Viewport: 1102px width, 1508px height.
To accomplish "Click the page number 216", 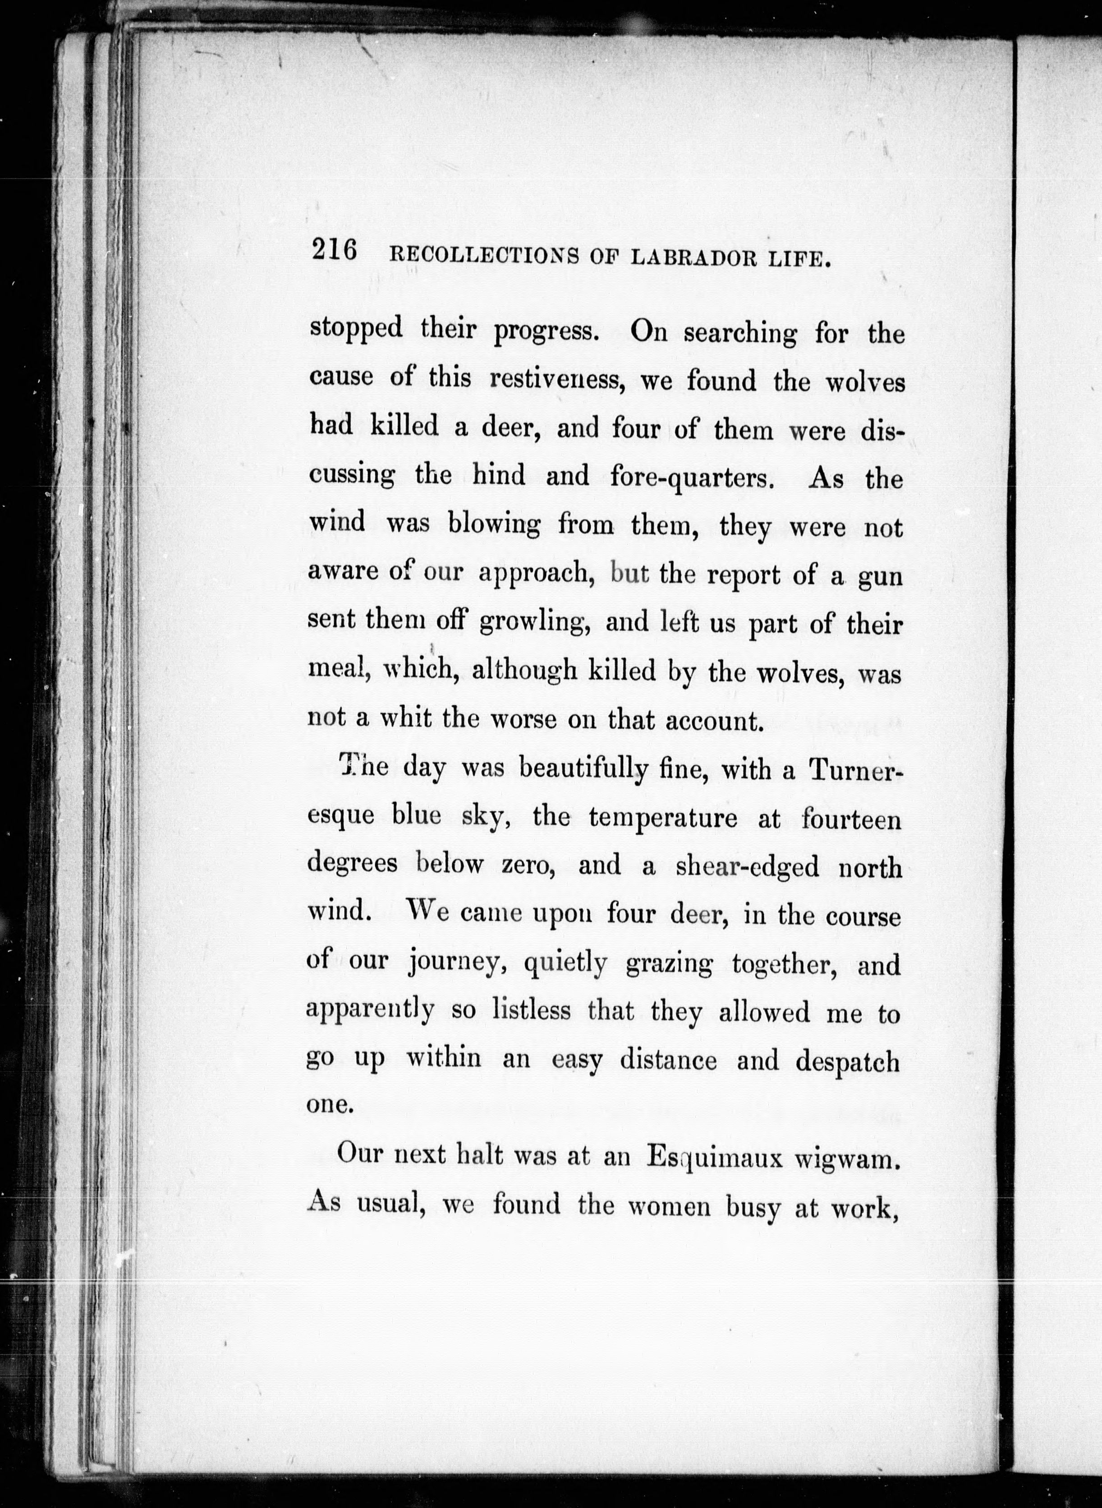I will click(334, 252).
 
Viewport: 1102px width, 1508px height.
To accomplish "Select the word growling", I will click(534, 623).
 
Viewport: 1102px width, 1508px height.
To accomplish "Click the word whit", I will click(406, 719).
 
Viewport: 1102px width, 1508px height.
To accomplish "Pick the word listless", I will click(532, 1012).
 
